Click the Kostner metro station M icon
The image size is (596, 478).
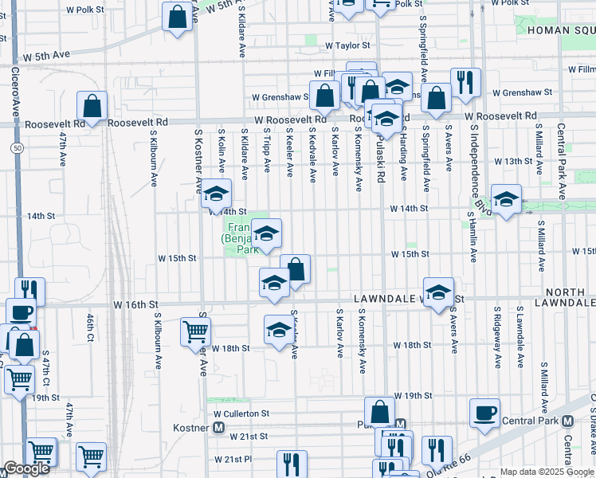[218, 428]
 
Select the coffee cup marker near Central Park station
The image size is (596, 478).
[484, 413]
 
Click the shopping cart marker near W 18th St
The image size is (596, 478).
[195, 331]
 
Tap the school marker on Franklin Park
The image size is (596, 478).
[267, 233]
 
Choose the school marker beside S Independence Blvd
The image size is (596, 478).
[505, 200]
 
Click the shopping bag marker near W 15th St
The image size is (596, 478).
[295, 269]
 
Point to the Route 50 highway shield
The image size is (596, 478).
[17, 148]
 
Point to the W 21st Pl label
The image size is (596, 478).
[232, 460]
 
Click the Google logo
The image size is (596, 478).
[26, 469]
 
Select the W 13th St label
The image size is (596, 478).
[512, 161]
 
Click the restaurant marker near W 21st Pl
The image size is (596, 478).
[292, 465]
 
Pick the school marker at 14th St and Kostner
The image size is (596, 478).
[216, 194]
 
